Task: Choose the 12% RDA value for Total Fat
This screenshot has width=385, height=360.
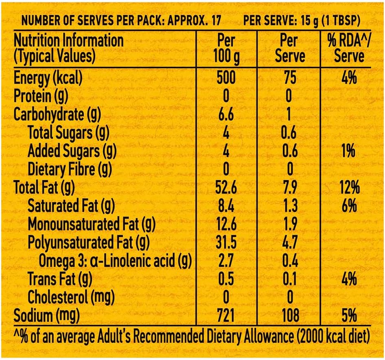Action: tap(349, 188)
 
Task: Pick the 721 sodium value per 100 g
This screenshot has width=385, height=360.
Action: tap(226, 315)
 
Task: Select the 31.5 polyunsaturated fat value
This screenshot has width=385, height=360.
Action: tap(226, 243)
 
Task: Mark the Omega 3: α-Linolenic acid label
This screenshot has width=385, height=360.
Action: tap(115, 261)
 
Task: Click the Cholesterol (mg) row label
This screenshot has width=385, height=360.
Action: tap(70, 297)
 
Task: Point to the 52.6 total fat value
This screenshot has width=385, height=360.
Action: tap(226, 188)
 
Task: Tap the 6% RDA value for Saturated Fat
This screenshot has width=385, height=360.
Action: tap(349, 206)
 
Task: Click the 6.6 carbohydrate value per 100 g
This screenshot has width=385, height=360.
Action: tap(226, 114)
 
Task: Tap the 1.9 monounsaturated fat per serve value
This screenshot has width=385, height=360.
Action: tap(289, 224)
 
